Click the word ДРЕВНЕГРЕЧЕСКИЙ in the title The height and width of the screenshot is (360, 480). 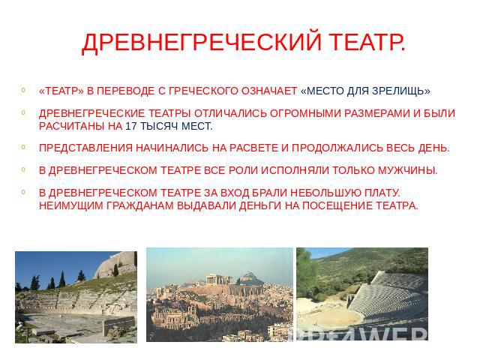click(x=202, y=42)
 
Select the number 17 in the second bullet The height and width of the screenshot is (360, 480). click(x=131, y=126)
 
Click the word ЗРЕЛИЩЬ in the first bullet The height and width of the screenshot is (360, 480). click(x=401, y=91)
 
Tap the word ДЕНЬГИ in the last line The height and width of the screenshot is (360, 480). click(x=260, y=205)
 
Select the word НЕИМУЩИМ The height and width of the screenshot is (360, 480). click(x=71, y=205)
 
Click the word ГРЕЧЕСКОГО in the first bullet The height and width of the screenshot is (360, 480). click(x=203, y=91)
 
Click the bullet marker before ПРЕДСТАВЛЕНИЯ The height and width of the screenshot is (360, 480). click(x=23, y=147)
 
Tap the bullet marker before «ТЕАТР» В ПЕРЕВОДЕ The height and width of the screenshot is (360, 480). click(x=23, y=90)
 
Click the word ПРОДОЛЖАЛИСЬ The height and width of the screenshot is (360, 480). click(x=337, y=148)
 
